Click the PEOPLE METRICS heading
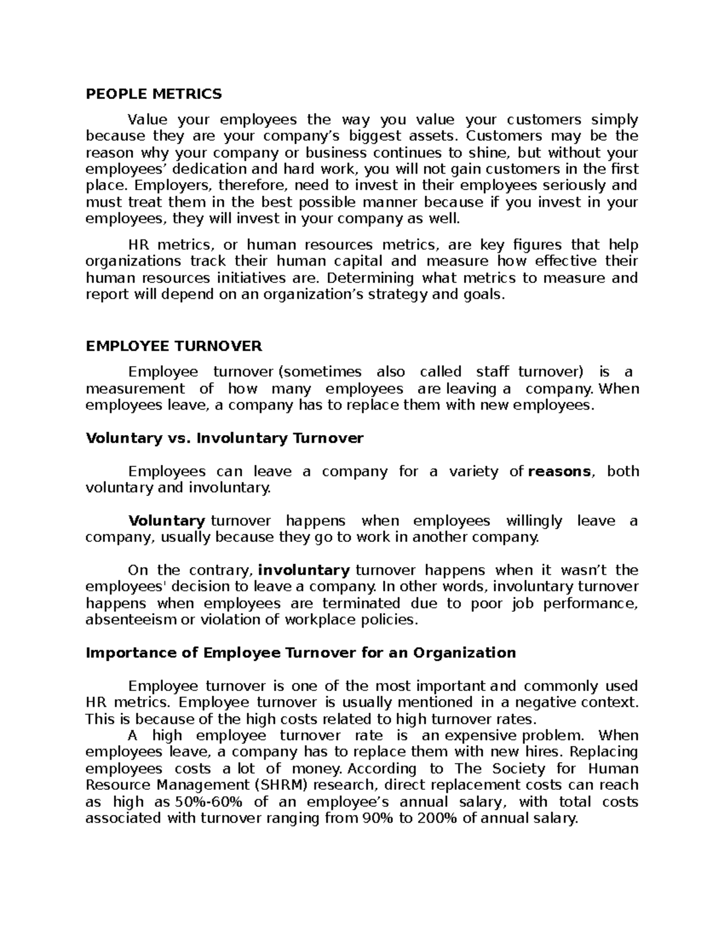(x=154, y=94)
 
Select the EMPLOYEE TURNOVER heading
(x=174, y=346)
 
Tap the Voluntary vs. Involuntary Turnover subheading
(x=224, y=438)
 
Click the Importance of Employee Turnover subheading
(x=300, y=653)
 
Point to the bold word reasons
(x=559, y=472)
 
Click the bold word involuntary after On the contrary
(x=304, y=571)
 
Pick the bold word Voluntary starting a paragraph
(x=167, y=521)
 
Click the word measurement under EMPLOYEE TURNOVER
(x=135, y=389)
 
